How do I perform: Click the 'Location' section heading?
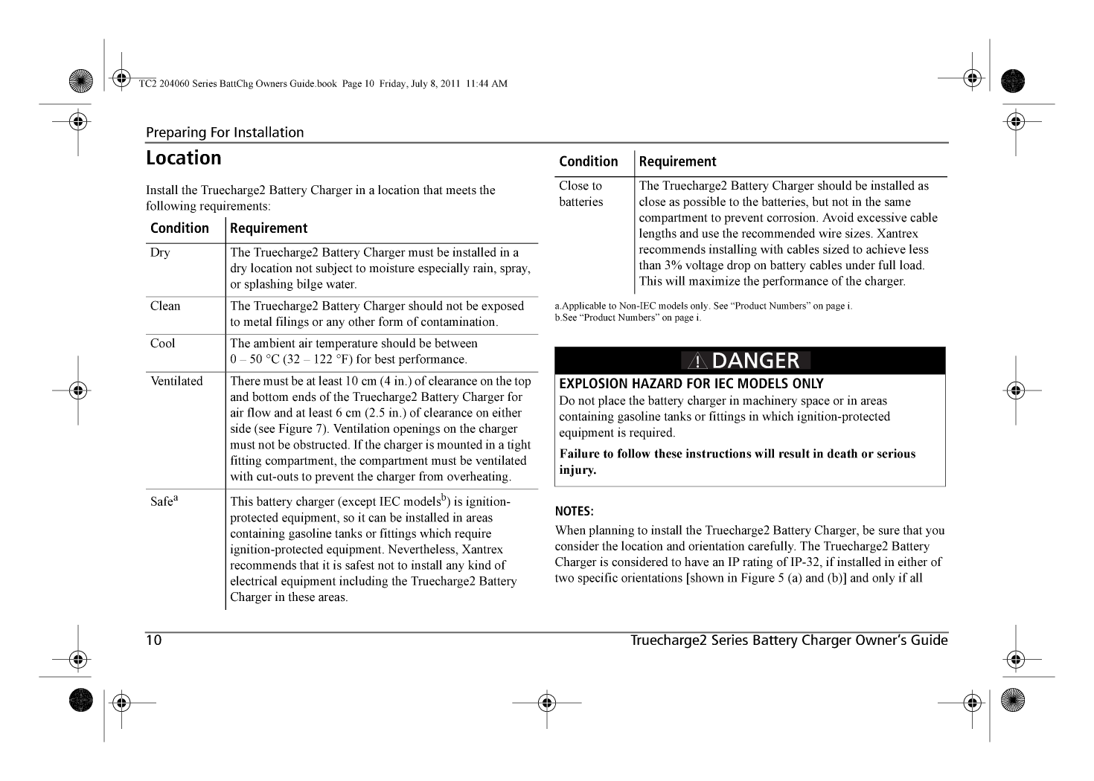pos(183,158)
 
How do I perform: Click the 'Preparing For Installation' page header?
pos(225,132)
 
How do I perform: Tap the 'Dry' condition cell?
pos(160,253)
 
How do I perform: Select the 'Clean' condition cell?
pos(165,306)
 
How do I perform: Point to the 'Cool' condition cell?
pos(163,344)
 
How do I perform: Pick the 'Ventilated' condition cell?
pos(176,382)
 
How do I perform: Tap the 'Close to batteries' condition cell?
pos(581,193)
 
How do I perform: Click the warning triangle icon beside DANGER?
pos(697,361)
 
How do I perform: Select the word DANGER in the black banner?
pos(755,361)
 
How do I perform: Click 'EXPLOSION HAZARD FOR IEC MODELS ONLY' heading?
pos(691,384)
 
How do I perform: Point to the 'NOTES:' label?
pos(574,512)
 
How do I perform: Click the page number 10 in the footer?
pos(154,640)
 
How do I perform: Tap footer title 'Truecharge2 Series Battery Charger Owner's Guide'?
pos(789,640)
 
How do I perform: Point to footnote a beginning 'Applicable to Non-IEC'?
pos(703,306)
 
